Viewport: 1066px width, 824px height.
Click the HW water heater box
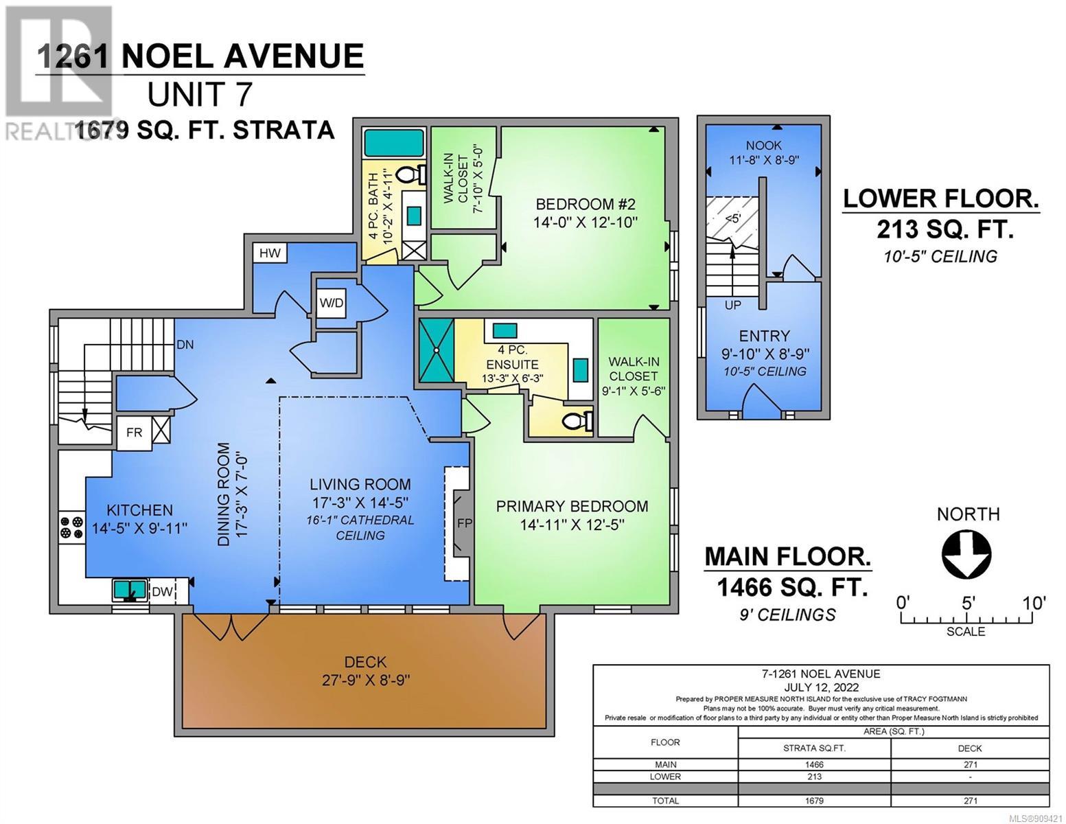[270, 253]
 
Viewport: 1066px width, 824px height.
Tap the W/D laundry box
[332, 303]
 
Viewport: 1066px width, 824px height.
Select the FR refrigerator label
[134, 433]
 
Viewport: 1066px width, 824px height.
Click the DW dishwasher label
[163, 592]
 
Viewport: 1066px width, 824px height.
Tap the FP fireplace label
[465, 523]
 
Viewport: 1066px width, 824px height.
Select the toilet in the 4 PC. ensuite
[577, 421]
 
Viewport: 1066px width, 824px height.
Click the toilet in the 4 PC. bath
[410, 174]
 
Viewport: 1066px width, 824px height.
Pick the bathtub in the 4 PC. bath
[394, 144]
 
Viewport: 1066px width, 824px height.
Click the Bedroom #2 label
[586, 204]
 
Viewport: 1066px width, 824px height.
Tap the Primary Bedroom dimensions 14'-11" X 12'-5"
[572, 525]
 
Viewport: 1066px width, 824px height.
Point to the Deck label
[365, 662]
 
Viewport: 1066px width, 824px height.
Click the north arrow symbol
[966, 553]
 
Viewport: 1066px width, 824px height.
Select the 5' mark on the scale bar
[968, 603]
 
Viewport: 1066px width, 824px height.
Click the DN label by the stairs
[185, 345]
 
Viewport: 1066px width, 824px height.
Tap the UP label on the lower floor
[732, 305]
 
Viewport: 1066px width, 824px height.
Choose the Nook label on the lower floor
[764, 146]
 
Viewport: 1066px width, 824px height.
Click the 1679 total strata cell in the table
[814, 801]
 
